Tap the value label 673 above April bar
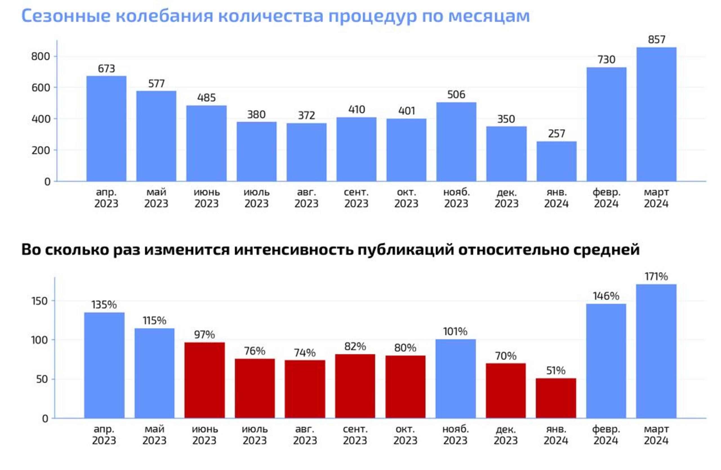click(x=106, y=69)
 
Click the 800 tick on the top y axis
click(x=41, y=56)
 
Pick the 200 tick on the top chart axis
click(x=41, y=150)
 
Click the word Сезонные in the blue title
click(x=66, y=16)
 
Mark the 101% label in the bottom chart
click(x=455, y=332)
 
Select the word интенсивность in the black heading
click(x=293, y=250)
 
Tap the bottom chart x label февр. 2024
click(x=606, y=434)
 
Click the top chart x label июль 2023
click(x=256, y=198)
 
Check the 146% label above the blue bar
click(x=606, y=296)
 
